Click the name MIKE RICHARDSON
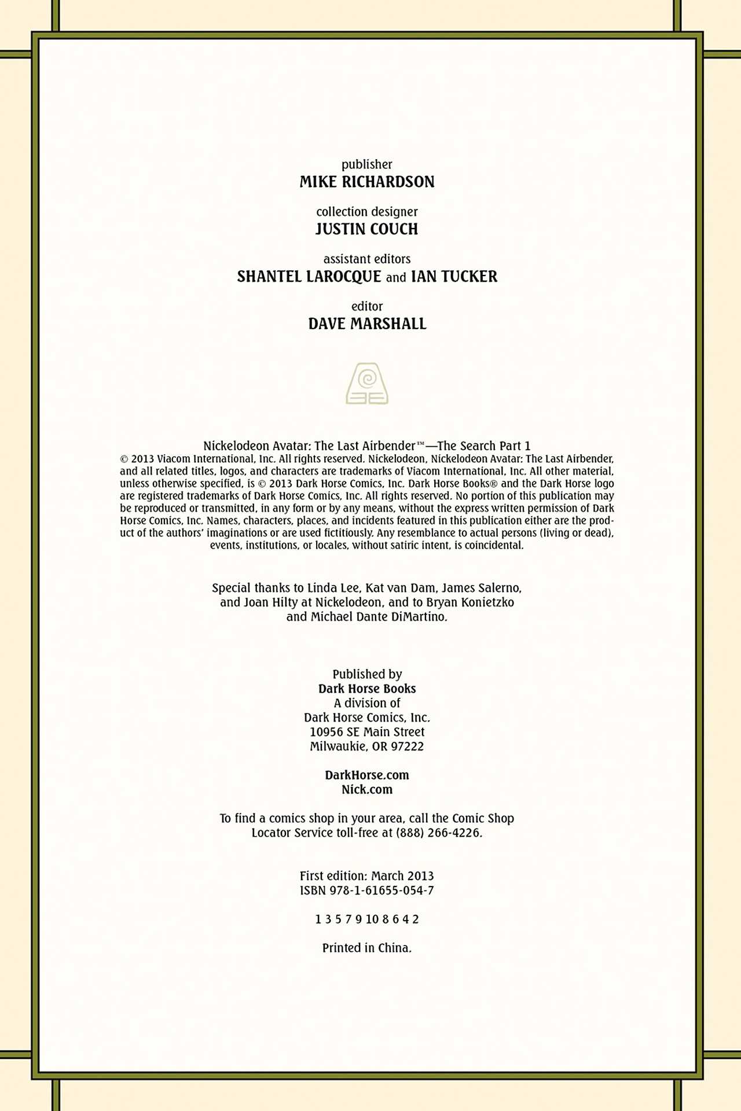coord(366,182)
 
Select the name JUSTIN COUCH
coord(366,229)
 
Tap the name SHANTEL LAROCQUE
coord(309,277)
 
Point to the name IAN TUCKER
coord(454,277)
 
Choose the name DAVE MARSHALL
coord(367,324)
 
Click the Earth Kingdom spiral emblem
coord(367,384)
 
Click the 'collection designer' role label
coord(366,212)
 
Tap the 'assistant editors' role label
coord(366,259)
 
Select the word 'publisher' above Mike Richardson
coord(366,164)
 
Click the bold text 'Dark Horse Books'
coord(367,689)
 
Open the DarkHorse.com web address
coord(367,775)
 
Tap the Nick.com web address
coord(367,790)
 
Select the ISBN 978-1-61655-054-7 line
coord(367,891)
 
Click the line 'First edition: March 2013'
coord(367,876)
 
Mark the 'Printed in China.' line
coord(367,948)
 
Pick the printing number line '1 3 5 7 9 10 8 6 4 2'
coord(367,919)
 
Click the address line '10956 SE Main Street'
coord(367,732)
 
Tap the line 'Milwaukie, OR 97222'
coord(367,746)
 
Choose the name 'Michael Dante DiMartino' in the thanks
coord(379,617)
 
